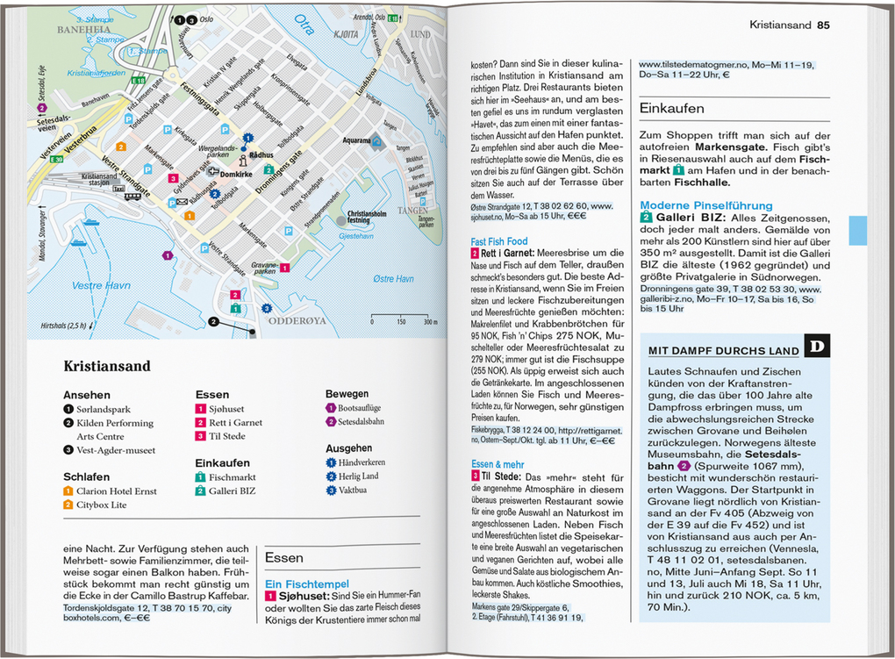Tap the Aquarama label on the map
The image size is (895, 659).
[x=355, y=140]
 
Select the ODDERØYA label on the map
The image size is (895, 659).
[x=297, y=321]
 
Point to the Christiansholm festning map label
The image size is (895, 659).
[x=371, y=217]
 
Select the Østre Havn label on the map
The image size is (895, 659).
[x=393, y=279]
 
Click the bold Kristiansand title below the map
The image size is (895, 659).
[x=107, y=366]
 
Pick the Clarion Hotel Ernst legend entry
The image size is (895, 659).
[x=116, y=491]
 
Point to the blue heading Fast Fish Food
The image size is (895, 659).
[x=499, y=241]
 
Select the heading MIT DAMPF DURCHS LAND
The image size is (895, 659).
[x=724, y=351]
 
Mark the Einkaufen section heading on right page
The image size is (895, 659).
[x=671, y=108]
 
